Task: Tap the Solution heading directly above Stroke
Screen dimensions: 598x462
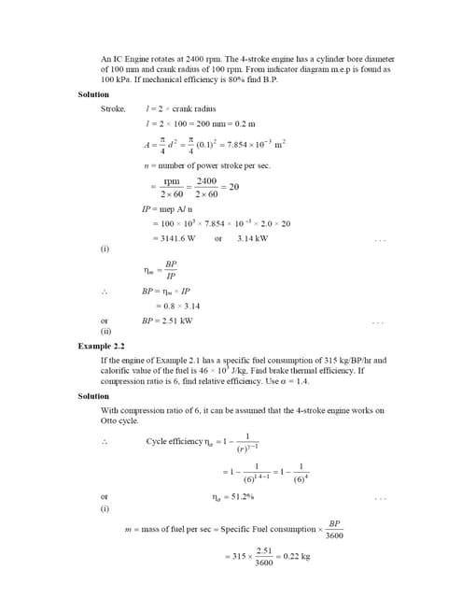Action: coord(92,94)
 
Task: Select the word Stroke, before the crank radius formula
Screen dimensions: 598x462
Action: coord(112,109)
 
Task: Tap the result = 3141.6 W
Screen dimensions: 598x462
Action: coord(174,238)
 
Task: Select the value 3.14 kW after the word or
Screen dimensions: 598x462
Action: coord(252,238)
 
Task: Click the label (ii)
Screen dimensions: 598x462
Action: coord(106,331)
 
